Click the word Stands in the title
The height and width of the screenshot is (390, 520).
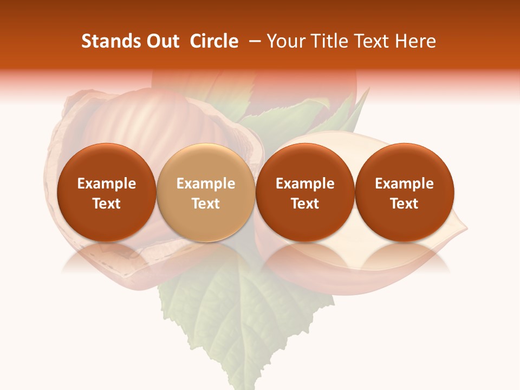pos(110,41)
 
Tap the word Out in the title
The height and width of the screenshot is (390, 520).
pos(162,41)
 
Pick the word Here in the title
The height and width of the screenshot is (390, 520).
pos(416,41)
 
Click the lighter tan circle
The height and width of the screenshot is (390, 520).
pos(205,193)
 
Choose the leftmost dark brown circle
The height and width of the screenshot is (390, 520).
pos(106,193)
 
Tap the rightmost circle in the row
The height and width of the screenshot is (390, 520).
pos(404,193)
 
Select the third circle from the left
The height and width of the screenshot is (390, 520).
pos(305,193)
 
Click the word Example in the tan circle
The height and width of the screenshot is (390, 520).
pos(206,184)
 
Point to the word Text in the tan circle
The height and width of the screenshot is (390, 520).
pos(206,204)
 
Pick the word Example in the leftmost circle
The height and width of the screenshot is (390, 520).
pos(106,184)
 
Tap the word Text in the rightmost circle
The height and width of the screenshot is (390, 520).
pos(404,204)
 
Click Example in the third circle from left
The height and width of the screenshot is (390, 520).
pos(305,184)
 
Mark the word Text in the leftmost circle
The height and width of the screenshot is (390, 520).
pos(106,204)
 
